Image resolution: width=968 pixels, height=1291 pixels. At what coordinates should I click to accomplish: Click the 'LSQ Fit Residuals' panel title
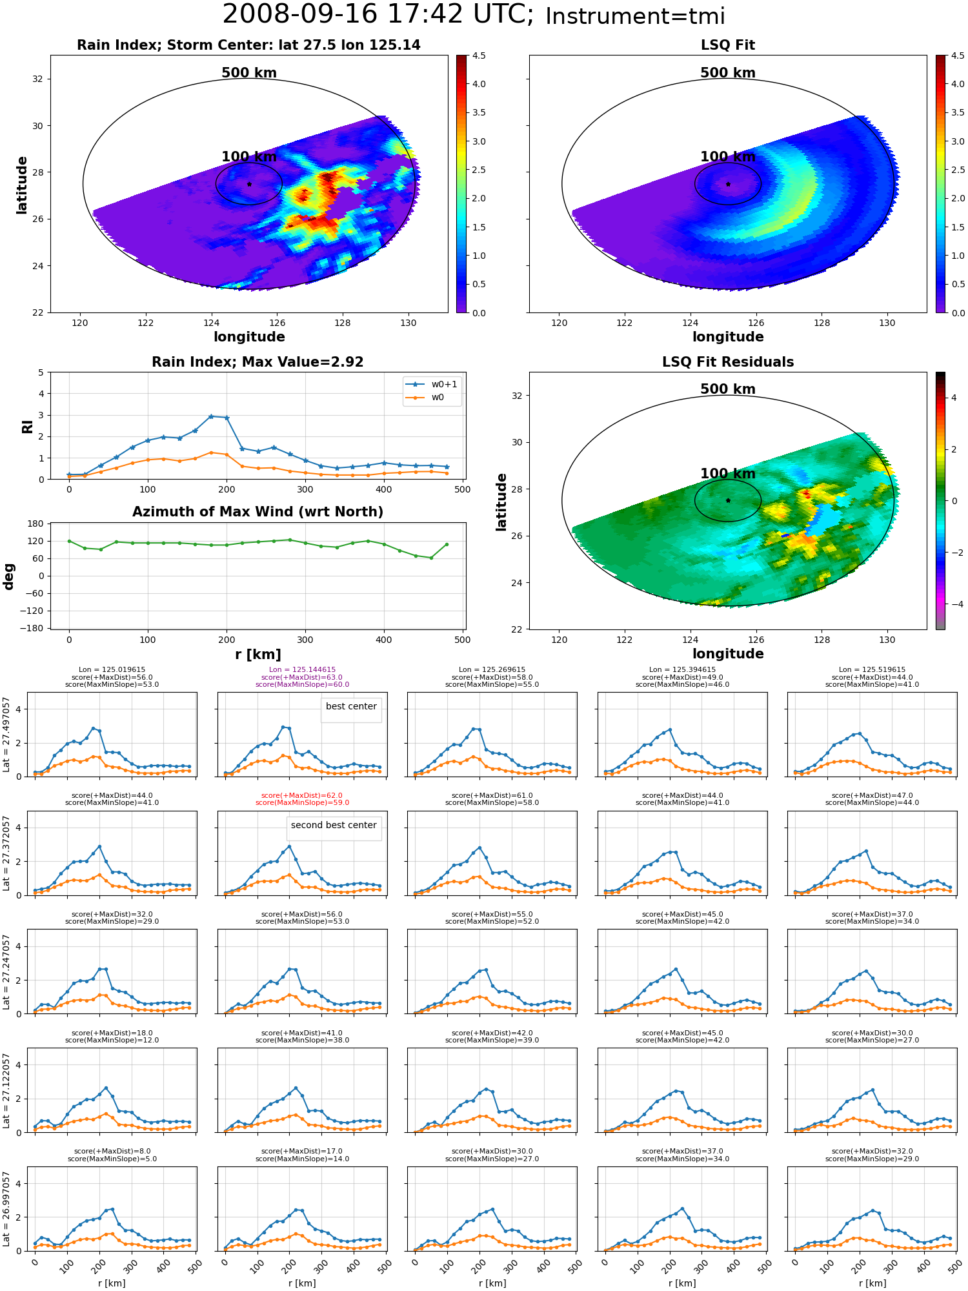click(728, 362)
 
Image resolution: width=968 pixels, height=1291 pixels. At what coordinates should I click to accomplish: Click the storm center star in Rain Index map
click(249, 184)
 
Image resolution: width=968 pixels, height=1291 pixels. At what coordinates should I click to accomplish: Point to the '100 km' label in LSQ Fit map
click(728, 157)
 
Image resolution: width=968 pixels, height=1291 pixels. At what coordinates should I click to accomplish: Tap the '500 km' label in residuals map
click(728, 389)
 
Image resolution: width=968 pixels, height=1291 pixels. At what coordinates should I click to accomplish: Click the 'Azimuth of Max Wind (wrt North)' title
click(258, 512)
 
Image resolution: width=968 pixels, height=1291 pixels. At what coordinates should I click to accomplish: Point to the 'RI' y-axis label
click(27, 427)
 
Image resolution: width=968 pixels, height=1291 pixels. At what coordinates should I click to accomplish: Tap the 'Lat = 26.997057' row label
click(6, 1209)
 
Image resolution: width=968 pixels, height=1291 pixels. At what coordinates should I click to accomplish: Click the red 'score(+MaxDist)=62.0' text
click(302, 796)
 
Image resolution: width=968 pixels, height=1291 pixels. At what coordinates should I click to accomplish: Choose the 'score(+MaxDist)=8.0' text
click(112, 1152)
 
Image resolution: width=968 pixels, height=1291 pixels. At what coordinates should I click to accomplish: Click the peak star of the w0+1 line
click(211, 416)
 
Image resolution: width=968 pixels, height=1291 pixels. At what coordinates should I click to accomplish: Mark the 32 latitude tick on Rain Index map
click(39, 79)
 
